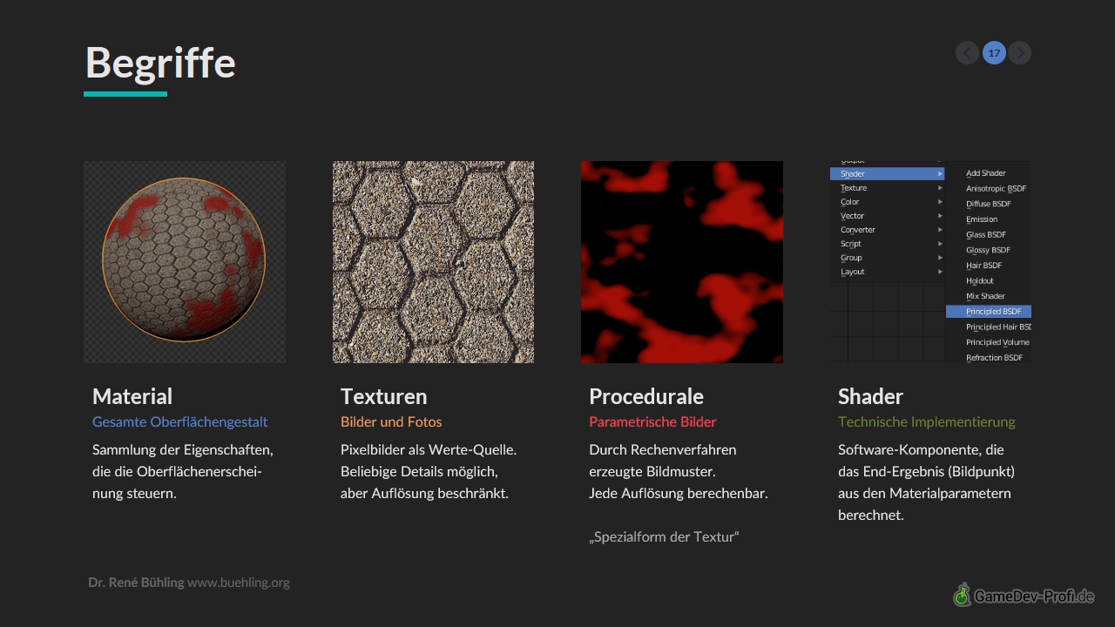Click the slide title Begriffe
click(x=160, y=64)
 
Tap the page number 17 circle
click(x=994, y=53)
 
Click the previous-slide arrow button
click(x=967, y=53)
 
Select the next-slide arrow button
click(x=1019, y=53)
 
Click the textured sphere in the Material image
click(x=184, y=260)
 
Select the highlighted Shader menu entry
click(x=887, y=173)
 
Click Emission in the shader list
click(x=982, y=219)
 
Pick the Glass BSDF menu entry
click(x=985, y=235)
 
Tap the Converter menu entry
click(x=858, y=230)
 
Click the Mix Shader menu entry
click(x=985, y=296)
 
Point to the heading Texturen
click(x=384, y=396)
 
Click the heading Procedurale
click(x=646, y=396)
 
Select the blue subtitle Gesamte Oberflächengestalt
click(x=179, y=422)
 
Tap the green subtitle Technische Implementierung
click(x=926, y=422)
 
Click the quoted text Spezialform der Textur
click(x=664, y=537)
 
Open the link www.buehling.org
click(x=239, y=583)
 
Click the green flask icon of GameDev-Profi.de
click(x=963, y=595)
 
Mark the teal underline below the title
click(x=125, y=94)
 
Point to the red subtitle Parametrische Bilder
click(x=652, y=422)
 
